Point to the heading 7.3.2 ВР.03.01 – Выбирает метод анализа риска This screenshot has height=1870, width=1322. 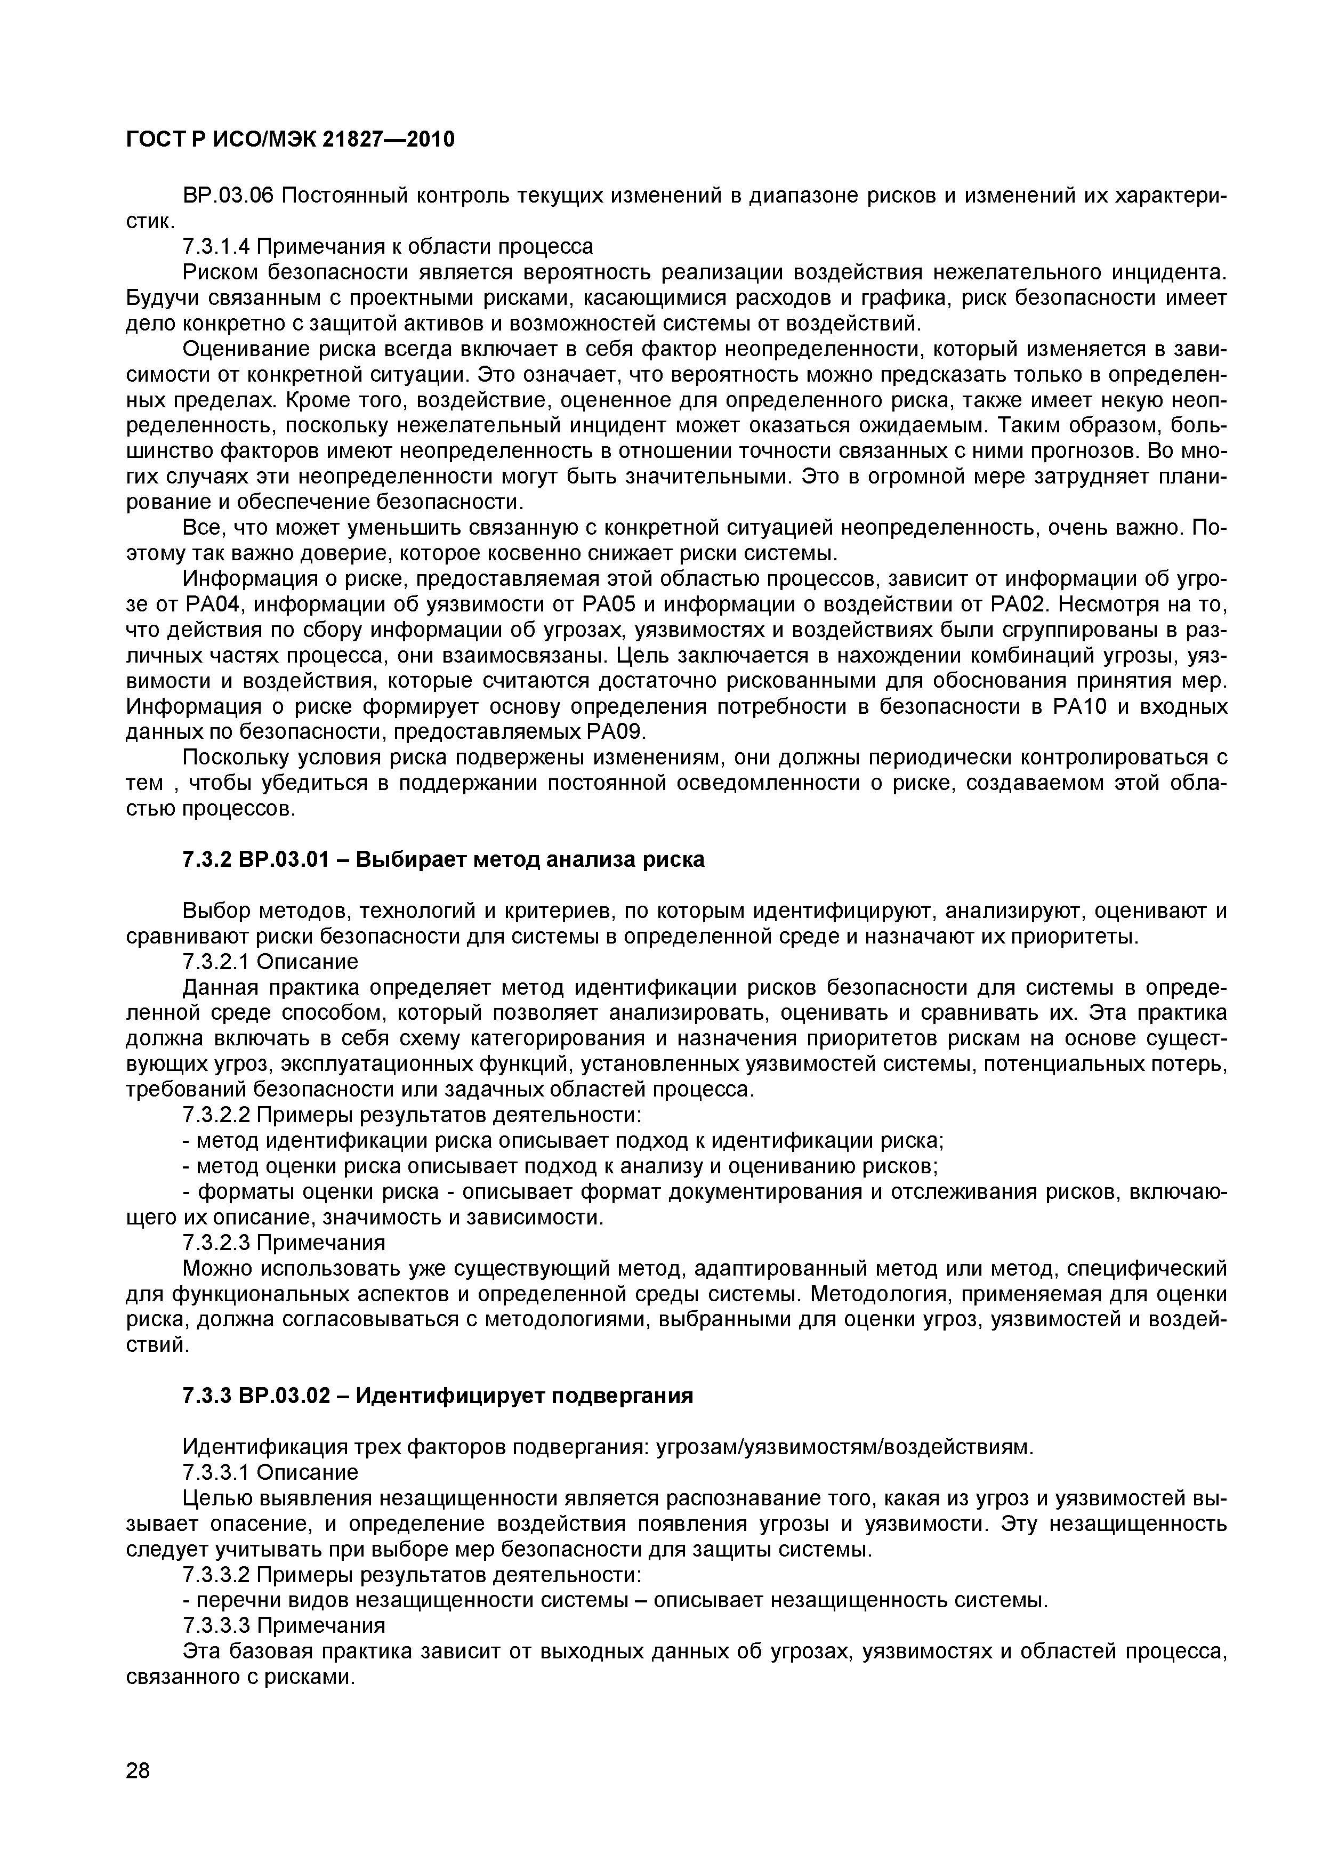pos(444,859)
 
